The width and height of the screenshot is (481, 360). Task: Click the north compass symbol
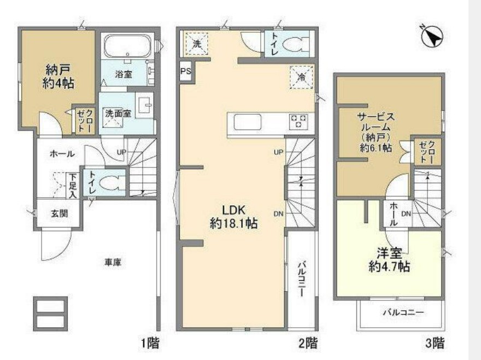(x=432, y=36)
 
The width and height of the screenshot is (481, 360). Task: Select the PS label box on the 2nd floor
(x=185, y=71)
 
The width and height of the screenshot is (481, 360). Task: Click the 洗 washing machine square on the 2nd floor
(x=197, y=44)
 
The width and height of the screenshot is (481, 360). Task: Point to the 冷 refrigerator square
(x=302, y=77)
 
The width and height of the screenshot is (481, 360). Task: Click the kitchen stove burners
(x=298, y=121)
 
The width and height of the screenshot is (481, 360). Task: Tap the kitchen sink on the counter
(x=248, y=122)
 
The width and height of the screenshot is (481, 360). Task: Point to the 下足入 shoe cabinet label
(x=72, y=186)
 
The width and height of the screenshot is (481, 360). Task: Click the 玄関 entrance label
(x=60, y=213)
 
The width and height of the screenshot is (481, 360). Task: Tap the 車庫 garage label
(x=113, y=263)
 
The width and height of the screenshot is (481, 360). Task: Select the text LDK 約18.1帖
(x=233, y=217)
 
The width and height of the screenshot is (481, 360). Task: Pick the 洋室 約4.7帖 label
(x=389, y=260)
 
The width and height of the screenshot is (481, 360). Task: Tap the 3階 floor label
(x=435, y=343)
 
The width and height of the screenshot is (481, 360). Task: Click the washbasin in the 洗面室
(x=145, y=104)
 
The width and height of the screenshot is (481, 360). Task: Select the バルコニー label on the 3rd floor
(x=403, y=313)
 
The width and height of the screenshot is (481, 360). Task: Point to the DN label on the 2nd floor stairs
(x=278, y=214)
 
